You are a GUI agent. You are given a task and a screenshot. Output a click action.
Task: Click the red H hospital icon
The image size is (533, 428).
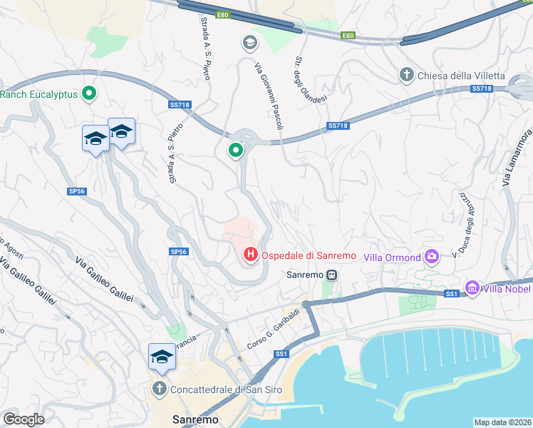click(x=250, y=254)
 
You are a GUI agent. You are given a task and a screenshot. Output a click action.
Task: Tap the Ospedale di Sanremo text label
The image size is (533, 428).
click(x=309, y=255)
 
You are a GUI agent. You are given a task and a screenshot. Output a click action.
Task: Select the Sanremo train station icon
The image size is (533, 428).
click(x=332, y=275)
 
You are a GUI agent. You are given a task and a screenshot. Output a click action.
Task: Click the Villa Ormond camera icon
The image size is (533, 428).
click(x=431, y=256)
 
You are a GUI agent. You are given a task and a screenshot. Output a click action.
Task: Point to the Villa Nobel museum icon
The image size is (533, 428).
click(x=471, y=287)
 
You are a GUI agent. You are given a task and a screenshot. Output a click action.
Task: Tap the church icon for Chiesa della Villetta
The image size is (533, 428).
click(x=407, y=76)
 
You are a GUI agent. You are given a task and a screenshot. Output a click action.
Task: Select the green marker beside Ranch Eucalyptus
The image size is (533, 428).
click(x=89, y=93)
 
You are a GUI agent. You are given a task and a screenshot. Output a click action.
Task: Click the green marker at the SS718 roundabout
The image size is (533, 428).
click(x=235, y=150)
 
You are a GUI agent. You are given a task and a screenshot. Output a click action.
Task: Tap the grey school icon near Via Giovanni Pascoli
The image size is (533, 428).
click(x=249, y=44)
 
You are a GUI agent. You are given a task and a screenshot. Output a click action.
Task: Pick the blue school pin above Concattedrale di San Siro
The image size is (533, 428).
click(x=162, y=356)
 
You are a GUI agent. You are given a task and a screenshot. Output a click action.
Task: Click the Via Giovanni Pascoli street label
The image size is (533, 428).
click(x=269, y=96)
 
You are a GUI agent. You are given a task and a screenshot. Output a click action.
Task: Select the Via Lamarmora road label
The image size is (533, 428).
click(x=517, y=158)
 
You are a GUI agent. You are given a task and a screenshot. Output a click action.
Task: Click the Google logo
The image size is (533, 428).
click(x=24, y=419)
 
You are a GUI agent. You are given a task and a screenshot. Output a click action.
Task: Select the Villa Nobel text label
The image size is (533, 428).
click(x=507, y=288)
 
